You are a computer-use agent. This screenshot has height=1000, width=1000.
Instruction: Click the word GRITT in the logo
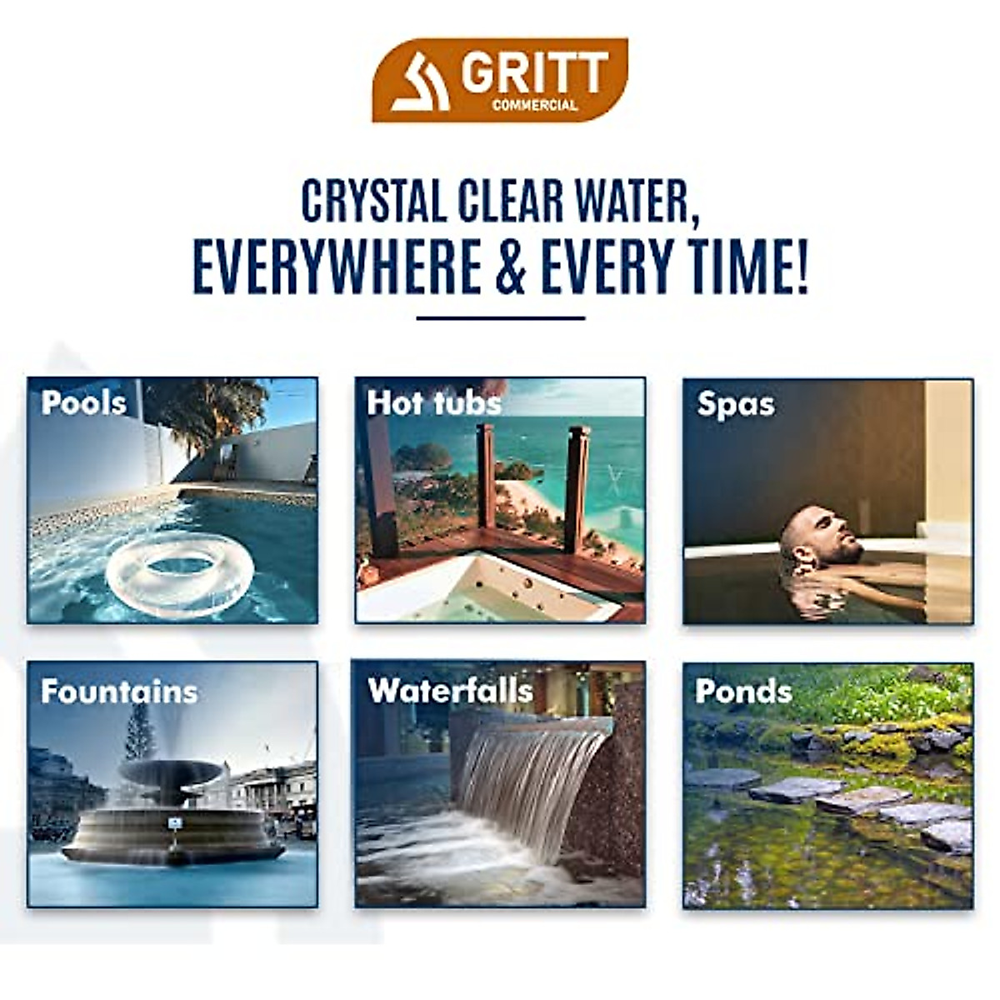(534, 73)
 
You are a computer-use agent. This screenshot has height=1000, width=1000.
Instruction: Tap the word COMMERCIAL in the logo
(534, 105)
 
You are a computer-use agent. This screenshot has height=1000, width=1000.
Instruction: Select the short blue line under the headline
(500, 317)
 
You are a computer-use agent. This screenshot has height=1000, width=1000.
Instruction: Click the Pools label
(84, 403)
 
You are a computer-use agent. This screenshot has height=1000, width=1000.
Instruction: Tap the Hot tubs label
(434, 403)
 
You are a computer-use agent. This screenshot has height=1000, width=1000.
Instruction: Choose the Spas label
(736, 404)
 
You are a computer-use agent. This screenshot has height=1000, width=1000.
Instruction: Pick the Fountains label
(119, 692)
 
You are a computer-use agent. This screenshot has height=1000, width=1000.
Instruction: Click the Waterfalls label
(450, 690)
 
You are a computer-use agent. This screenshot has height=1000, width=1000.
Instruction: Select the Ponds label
(743, 691)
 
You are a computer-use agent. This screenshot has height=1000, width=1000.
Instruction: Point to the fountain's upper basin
(171, 771)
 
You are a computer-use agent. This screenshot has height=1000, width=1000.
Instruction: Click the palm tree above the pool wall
(208, 408)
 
